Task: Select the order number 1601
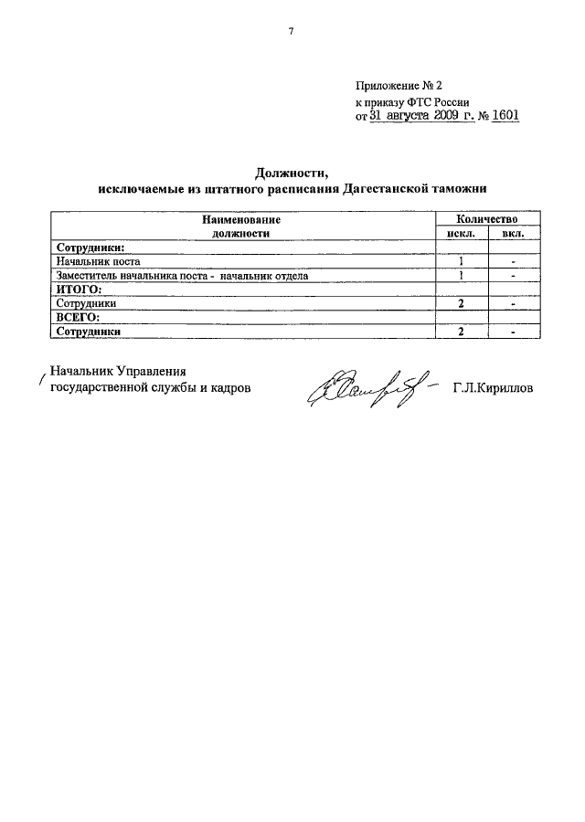click(505, 117)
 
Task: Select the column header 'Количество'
click(479, 219)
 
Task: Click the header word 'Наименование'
click(240, 219)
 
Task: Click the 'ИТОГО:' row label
click(79, 289)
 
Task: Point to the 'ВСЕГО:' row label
click(79, 317)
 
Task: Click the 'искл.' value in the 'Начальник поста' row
click(463, 261)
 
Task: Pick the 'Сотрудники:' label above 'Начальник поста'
click(90, 247)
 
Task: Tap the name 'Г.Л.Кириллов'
click(494, 388)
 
